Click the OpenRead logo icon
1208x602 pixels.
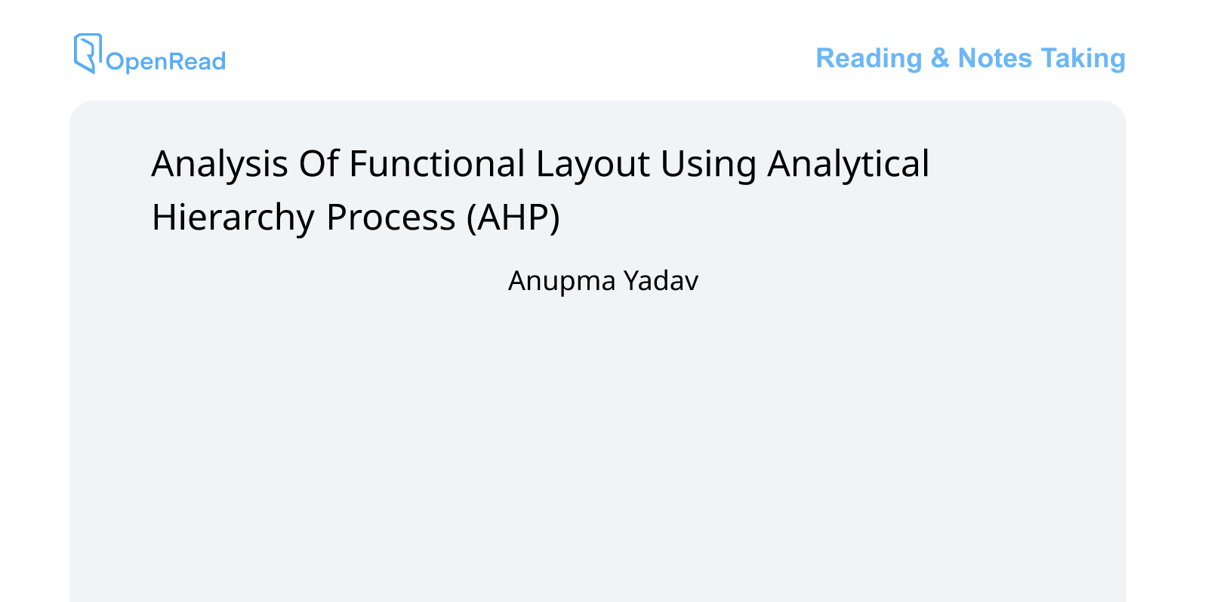click(x=88, y=53)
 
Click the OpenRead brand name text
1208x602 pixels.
click(x=165, y=61)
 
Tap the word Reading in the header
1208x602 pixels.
click(x=868, y=58)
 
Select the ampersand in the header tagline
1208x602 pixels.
click(x=939, y=58)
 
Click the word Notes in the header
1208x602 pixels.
click(x=994, y=58)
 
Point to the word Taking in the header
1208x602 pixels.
click(x=1083, y=58)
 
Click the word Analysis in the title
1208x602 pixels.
click(x=220, y=164)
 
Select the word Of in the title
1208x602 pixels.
click(x=319, y=164)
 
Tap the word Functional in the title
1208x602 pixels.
click(x=436, y=164)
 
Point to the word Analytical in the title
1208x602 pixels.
click(x=848, y=164)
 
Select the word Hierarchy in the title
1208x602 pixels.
click(x=233, y=218)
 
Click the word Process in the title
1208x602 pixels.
click(x=390, y=218)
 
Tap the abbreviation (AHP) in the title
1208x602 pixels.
click(x=513, y=218)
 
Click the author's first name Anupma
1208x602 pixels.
click(x=562, y=281)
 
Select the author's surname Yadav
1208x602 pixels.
click(x=661, y=280)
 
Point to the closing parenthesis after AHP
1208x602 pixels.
click(x=555, y=218)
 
